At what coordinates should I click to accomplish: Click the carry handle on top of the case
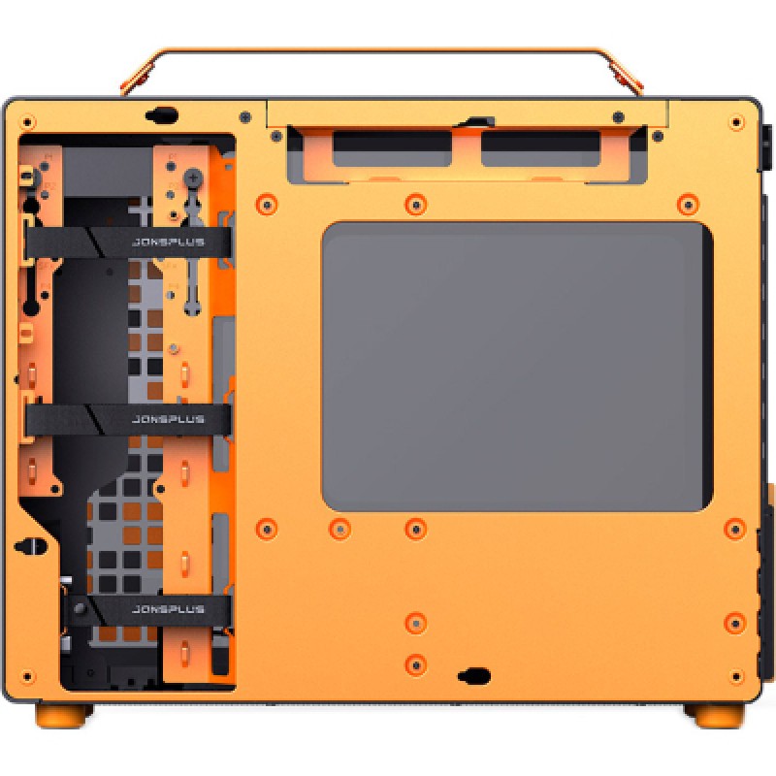click(x=381, y=50)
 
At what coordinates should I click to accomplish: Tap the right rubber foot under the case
click(x=714, y=715)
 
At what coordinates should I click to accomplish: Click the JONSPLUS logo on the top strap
click(x=168, y=242)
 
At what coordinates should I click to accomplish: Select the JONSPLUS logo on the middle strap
click(x=168, y=420)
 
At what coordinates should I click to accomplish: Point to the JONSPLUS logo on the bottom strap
click(x=168, y=609)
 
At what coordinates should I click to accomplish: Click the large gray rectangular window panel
click(x=517, y=367)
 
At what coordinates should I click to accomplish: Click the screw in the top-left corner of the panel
click(x=27, y=121)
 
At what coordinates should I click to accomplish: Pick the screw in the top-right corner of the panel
click(x=736, y=122)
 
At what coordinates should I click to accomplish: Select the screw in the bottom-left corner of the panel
click(x=27, y=676)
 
